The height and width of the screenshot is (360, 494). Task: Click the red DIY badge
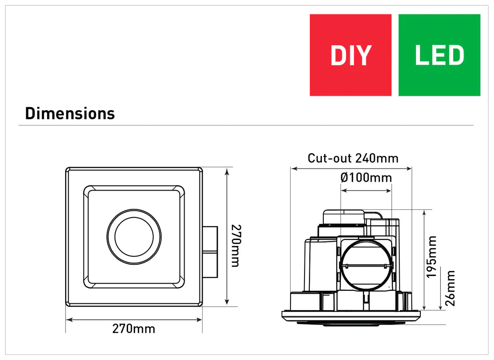pyautogui.click(x=350, y=55)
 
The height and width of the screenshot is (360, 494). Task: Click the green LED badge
pyautogui.click(x=439, y=55)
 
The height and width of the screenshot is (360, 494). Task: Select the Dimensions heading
pyautogui.click(x=70, y=113)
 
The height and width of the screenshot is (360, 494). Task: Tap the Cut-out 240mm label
pyautogui.click(x=353, y=158)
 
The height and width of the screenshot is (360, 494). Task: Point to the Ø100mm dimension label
pyautogui.click(x=366, y=178)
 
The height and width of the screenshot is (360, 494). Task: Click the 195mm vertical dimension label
pyautogui.click(x=432, y=257)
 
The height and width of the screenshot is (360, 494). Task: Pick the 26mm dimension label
pyautogui.click(x=450, y=288)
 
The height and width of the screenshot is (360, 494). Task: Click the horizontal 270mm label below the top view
pyautogui.click(x=133, y=329)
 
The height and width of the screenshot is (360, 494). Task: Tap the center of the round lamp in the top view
pyautogui.click(x=134, y=236)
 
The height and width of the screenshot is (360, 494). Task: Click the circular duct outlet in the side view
pyautogui.click(x=366, y=265)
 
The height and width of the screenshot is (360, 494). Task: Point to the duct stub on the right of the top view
pyautogui.click(x=210, y=253)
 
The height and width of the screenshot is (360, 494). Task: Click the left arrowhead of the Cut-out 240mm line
pyautogui.click(x=293, y=169)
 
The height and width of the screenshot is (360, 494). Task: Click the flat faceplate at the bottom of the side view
pyautogui.click(x=351, y=316)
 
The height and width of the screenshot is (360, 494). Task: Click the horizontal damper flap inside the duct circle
pyautogui.click(x=366, y=266)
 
